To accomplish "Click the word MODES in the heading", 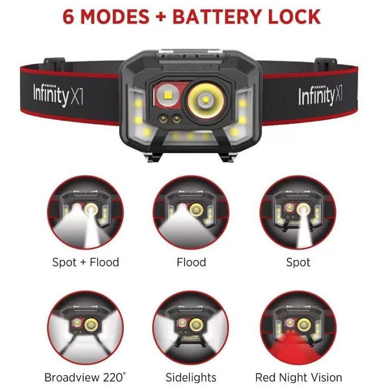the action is pos(115,16).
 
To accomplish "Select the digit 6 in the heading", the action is pos(69,16).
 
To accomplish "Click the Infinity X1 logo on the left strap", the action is pos(58,95).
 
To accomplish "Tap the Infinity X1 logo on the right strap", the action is pos(320,95).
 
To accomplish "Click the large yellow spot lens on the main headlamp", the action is pos(206,100).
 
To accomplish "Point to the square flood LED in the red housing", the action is pos(168,95).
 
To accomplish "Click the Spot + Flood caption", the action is pos(86,262).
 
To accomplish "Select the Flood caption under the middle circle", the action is pos(191,262).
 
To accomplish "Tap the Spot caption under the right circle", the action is pos(298,263).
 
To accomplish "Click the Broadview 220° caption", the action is pos(85,378).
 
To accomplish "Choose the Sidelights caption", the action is pos(191,378).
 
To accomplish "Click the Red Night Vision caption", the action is pos(298,378).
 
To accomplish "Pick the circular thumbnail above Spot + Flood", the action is pos(86,213).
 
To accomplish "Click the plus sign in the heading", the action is pos(161,17).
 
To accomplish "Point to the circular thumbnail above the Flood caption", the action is pos(191,213).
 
